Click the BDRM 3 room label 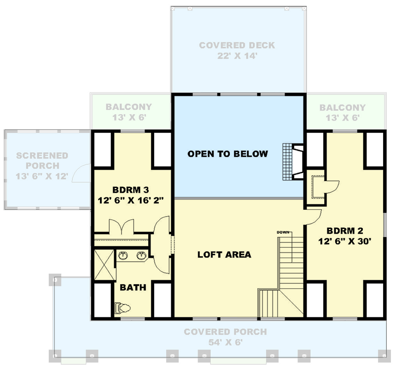click(131, 190)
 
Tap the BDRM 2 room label click(345, 230)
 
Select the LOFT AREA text click(224, 254)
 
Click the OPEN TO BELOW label click(227, 154)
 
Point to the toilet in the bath click(122, 307)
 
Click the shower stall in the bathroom click(104, 265)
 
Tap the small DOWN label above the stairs click(282, 232)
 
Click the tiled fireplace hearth click(288, 163)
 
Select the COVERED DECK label click(237, 46)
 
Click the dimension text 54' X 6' click(225, 342)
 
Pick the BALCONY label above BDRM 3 click(128, 107)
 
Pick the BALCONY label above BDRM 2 click(343, 108)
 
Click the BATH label click(133, 288)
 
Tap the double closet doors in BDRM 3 click(121, 226)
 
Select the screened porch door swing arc click(83, 172)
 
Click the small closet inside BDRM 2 click(315, 186)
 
